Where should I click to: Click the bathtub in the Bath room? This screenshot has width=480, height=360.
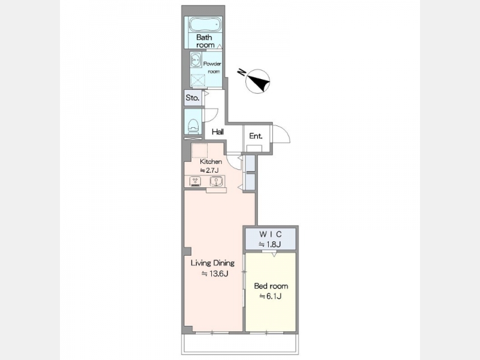(x=205, y=25)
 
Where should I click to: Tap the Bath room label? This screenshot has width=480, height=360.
(x=204, y=41)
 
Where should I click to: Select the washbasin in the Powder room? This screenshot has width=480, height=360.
(x=196, y=60)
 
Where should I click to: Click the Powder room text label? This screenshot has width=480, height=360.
(x=212, y=67)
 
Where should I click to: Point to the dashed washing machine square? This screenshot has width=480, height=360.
(x=197, y=80)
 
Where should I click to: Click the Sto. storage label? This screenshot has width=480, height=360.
(x=193, y=98)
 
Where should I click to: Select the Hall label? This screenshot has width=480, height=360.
(x=218, y=132)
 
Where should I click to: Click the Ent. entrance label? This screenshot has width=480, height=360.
(x=256, y=136)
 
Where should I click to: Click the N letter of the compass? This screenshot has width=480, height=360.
(x=242, y=73)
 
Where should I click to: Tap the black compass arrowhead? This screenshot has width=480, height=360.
(x=259, y=81)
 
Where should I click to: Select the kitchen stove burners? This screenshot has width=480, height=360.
(x=195, y=181)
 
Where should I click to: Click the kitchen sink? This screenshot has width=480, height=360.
(x=216, y=181)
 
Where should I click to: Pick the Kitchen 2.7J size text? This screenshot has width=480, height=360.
(x=209, y=170)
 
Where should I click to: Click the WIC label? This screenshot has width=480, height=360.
(x=271, y=235)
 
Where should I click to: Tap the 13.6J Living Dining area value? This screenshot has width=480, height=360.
(x=215, y=274)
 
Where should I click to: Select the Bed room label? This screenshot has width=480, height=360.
(x=271, y=286)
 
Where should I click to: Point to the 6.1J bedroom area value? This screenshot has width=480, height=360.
(x=271, y=296)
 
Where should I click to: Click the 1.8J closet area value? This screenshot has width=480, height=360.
(x=270, y=244)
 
